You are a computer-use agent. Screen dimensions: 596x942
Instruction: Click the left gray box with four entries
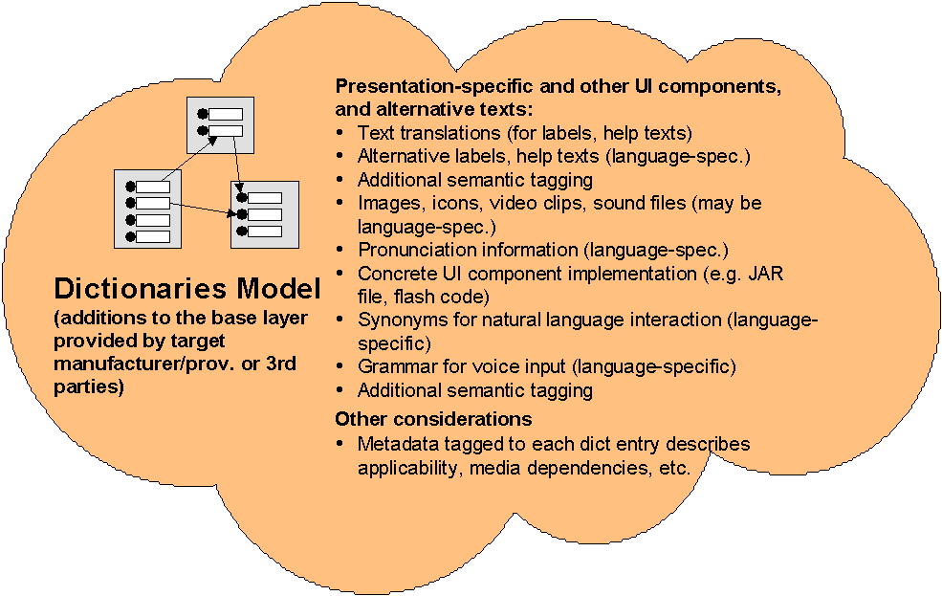point(147,210)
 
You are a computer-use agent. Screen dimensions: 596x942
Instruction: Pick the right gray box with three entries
point(265,214)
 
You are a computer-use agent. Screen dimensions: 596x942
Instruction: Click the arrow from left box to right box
point(201,209)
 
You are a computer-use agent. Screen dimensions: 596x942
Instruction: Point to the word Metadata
point(394,444)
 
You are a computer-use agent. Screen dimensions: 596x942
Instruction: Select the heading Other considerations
point(433,419)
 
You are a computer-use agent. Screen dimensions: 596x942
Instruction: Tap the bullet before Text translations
point(341,133)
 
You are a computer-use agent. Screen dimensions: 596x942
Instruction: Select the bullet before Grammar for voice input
point(341,367)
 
